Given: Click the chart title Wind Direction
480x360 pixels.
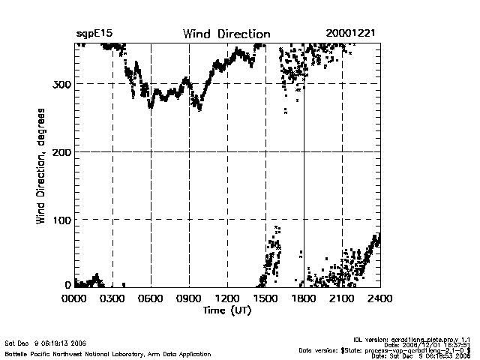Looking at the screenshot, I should pos(226,34).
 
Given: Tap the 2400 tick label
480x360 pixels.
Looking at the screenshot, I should pos(380,298).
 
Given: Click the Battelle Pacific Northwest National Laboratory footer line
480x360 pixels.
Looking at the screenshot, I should pos(108,353).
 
